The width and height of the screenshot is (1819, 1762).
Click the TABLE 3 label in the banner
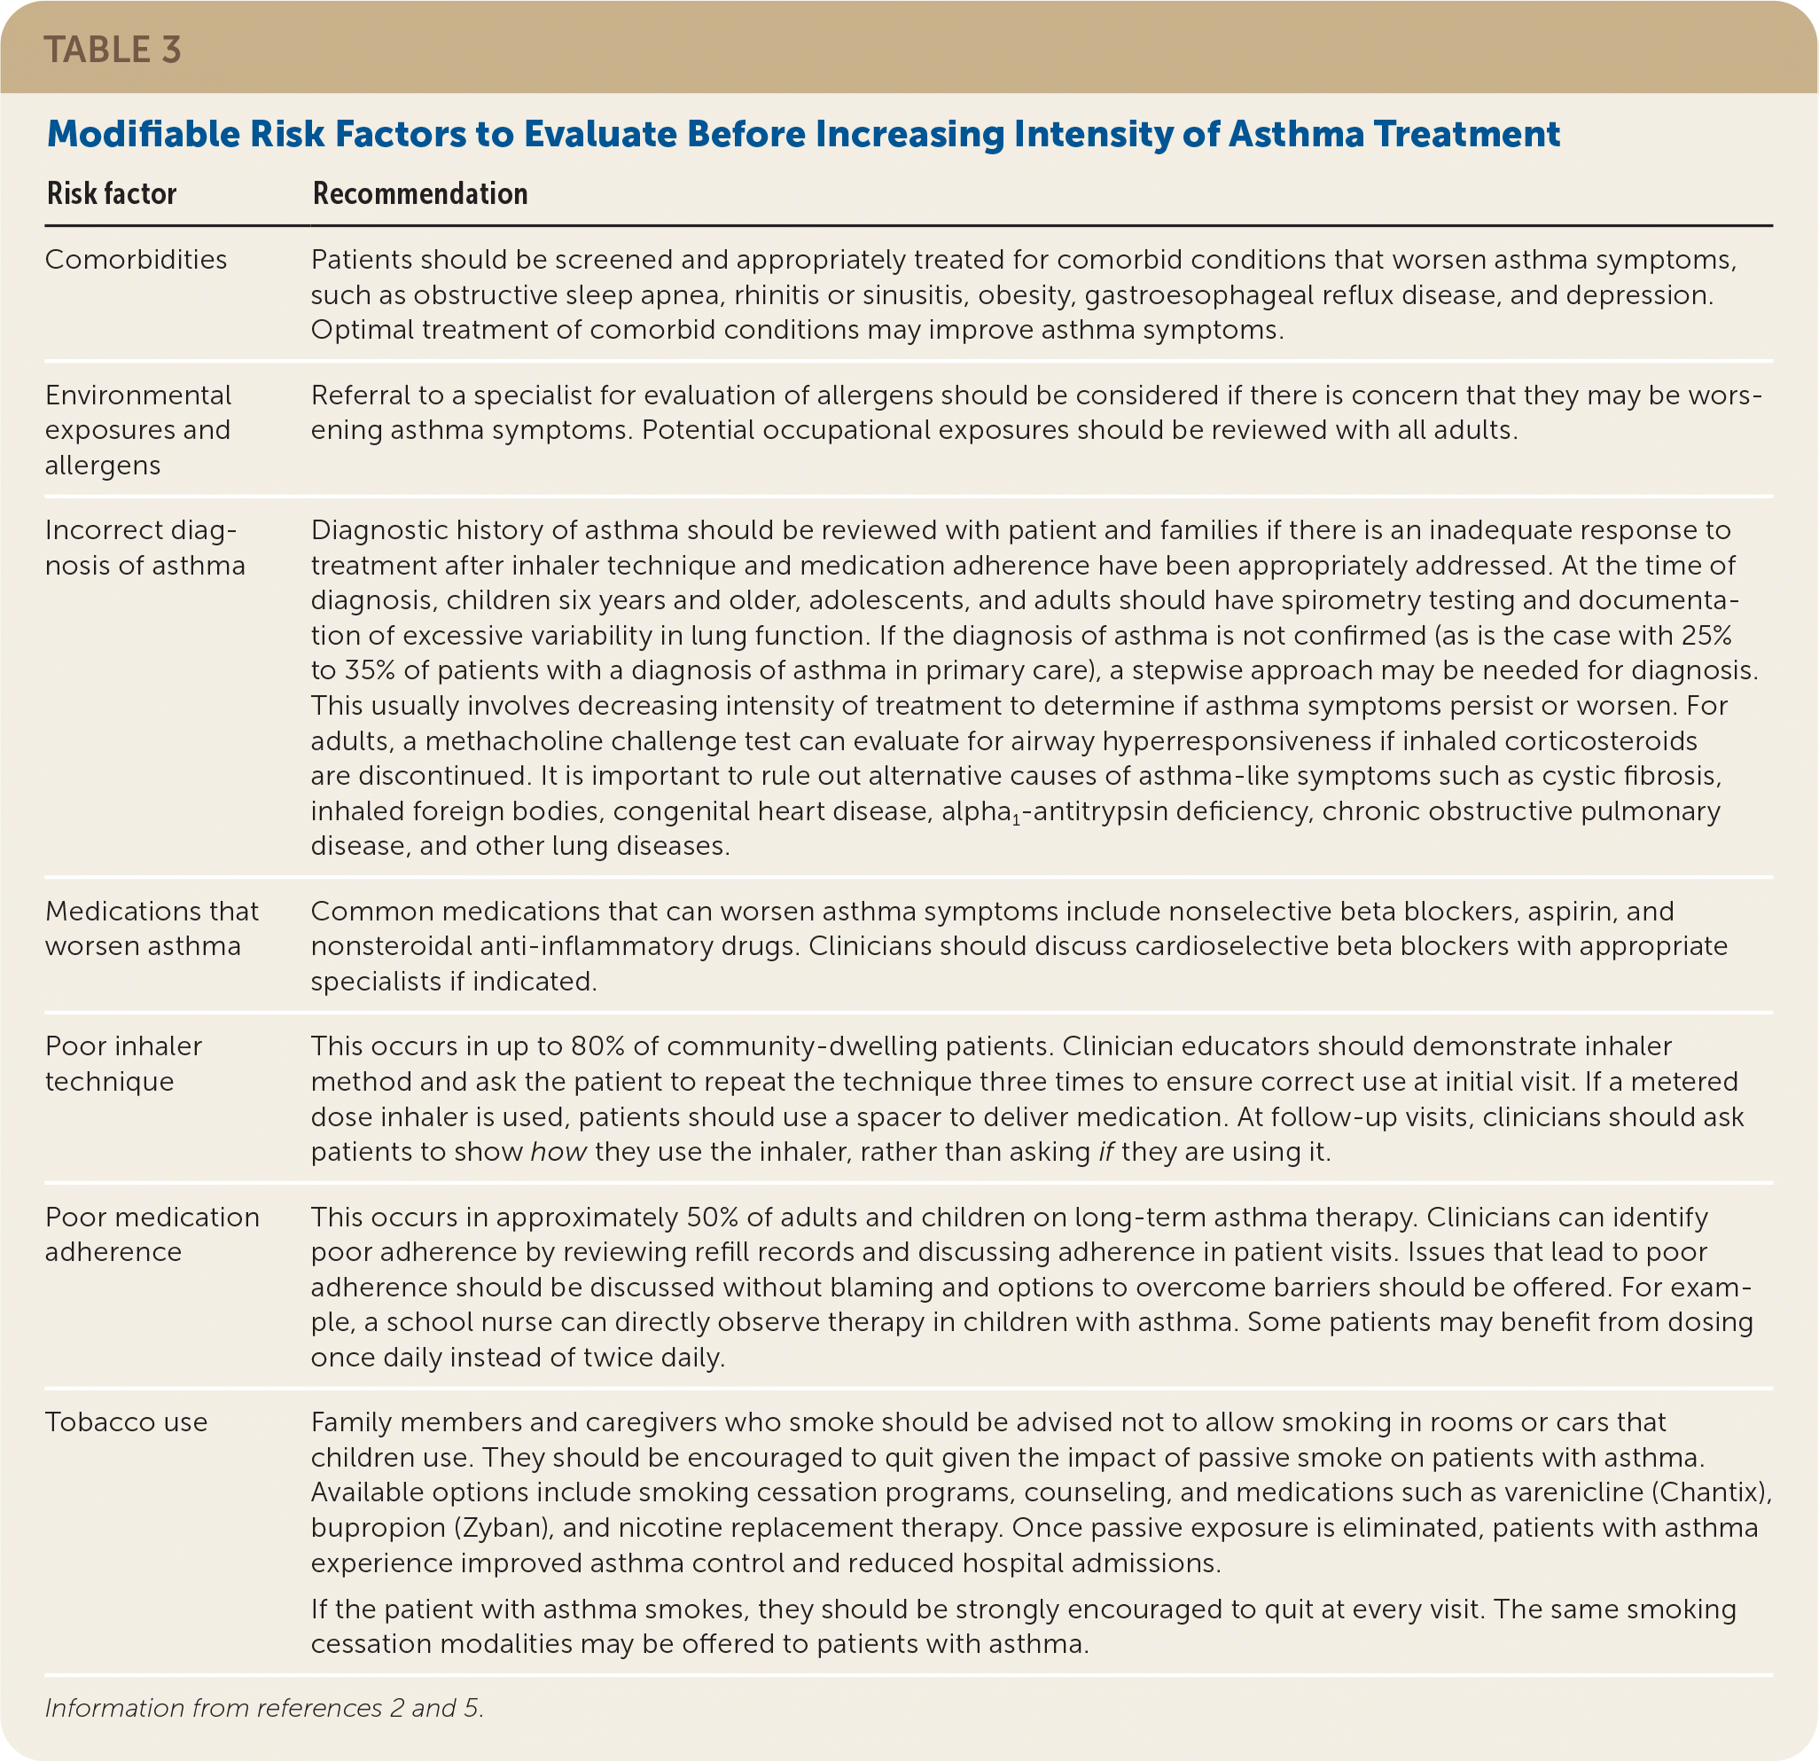(113, 51)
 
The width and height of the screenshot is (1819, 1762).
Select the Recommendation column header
(419, 193)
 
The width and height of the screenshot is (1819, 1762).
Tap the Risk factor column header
(112, 193)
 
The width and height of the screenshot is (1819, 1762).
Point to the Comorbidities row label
(136, 259)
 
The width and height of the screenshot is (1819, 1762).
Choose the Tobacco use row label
(126, 1421)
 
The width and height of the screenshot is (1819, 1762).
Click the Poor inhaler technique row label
(123, 1063)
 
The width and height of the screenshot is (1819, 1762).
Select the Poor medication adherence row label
(152, 1233)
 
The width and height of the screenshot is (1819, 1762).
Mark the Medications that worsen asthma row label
(152, 928)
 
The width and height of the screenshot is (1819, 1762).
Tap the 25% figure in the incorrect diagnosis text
(1706, 635)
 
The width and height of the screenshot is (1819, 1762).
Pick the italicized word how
(558, 1151)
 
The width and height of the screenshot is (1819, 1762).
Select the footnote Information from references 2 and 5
(264, 1708)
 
